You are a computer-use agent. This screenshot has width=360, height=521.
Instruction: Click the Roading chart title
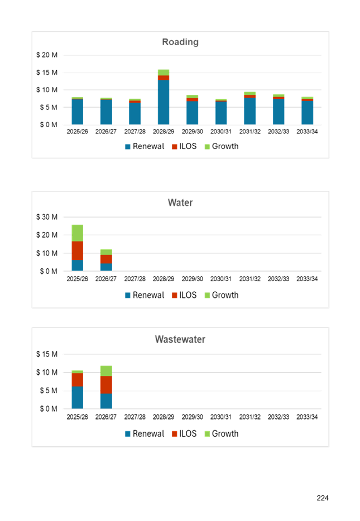pos(180,42)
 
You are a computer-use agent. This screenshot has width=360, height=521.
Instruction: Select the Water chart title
pos(180,203)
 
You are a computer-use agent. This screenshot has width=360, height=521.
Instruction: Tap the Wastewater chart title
pos(180,340)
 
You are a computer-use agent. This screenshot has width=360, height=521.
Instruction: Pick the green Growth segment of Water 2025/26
pos(78,233)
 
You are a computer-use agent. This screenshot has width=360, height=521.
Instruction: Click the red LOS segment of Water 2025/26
pos(78,250)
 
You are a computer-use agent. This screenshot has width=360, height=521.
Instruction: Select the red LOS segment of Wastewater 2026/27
pos(106,384)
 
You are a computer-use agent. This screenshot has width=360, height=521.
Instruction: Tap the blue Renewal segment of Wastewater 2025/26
pos(78,398)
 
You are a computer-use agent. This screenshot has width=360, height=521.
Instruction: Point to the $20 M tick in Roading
pos(47,55)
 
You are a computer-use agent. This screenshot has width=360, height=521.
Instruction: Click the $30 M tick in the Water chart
pos(47,217)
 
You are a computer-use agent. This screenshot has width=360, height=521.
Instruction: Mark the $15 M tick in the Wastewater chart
pos(47,354)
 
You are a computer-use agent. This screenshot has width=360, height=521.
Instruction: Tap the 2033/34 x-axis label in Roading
pos(307,132)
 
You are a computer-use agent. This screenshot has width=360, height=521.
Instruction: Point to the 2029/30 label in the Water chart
pos(192,279)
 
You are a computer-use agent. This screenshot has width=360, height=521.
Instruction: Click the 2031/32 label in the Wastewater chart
pos(249,417)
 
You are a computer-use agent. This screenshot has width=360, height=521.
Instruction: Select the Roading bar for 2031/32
pos(249,109)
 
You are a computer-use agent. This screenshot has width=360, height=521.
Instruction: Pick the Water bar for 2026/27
pos(106,260)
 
